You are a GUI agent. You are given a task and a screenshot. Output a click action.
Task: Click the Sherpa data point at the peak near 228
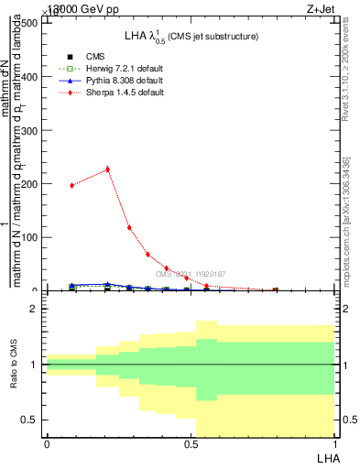pyautogui.click(x=107, y=169)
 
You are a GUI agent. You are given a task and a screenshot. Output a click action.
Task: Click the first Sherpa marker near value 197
pyautogui.click(x=72, y=185)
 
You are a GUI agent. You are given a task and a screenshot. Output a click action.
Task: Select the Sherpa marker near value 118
pyautogui.click(x=129, y=227)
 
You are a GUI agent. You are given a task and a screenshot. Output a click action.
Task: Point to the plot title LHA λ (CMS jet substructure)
pyautogui.click(x=191, y=36)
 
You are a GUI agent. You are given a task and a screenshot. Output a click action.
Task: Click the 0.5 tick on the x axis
pyautogui.click(x=190, y=444)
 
